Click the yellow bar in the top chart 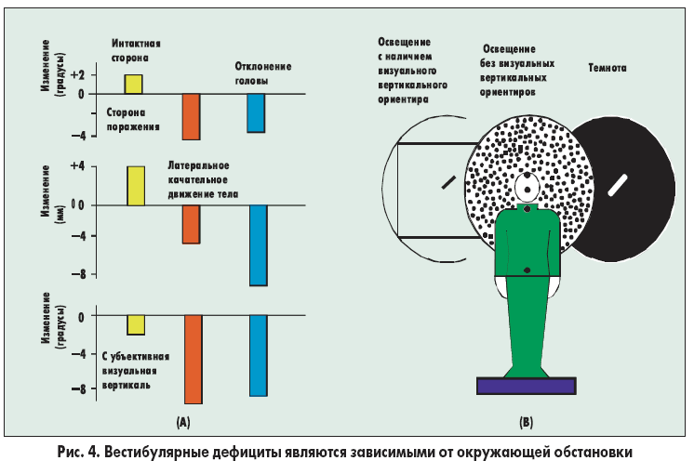pos(134,84)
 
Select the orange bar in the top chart pos(191,116)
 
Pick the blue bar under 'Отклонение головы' pos(256,112)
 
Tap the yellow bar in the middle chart pos(135,185)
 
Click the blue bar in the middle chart pos(257,244)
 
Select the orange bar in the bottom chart pos(193,359)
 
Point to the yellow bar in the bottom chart pos(135,324)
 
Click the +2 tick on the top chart pos(76,74)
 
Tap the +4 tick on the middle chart pos(76,165)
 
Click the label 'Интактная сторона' pos(136,50)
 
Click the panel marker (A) pos(183,423)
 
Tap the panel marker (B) pos(526,423)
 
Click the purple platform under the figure pos(526,385)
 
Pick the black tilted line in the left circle pos(447,180)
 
